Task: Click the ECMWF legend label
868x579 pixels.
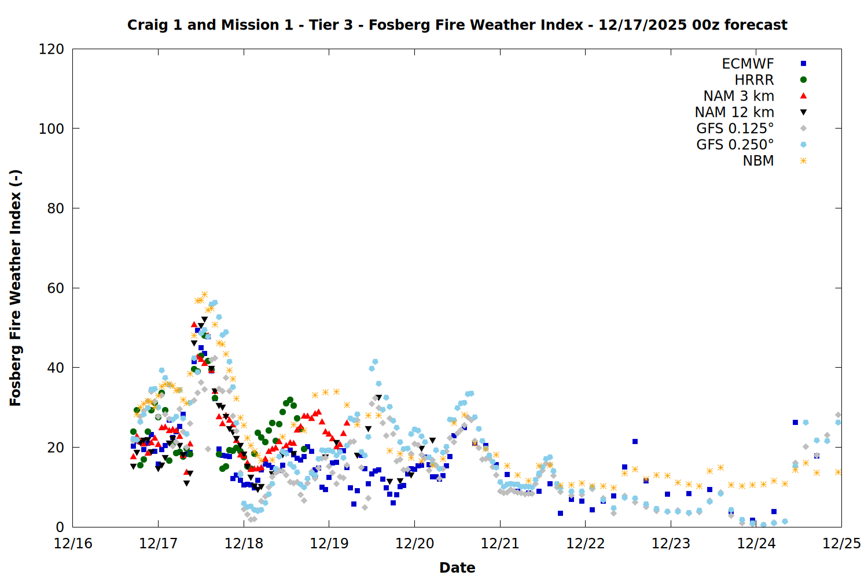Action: click(748, 64)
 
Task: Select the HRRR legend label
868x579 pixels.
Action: click(754, 80)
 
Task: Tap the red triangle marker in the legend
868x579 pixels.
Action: click(803, 96)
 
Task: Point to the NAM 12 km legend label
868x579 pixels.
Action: click(734, 112)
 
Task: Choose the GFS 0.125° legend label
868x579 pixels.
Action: click(735, 129)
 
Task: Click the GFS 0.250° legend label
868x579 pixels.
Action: click(735, 145)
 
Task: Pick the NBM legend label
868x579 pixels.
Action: click(758, 161)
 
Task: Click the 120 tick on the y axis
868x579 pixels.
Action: click(51, 49)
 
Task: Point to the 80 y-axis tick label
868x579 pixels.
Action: click(56, 208)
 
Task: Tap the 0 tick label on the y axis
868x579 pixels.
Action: click(60, 527)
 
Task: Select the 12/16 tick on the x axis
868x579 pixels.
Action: click(73, 544)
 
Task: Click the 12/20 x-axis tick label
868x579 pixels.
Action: click(414, 544)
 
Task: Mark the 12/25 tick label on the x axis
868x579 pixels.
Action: click(841, 544)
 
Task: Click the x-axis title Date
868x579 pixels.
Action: click(457, 567)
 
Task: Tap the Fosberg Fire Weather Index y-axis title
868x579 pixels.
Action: click(16, 288)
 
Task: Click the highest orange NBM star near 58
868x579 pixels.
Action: click(204, 295)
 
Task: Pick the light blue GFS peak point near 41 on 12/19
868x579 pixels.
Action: click(375, 362)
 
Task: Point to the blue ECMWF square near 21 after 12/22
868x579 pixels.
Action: click(635, 441)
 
